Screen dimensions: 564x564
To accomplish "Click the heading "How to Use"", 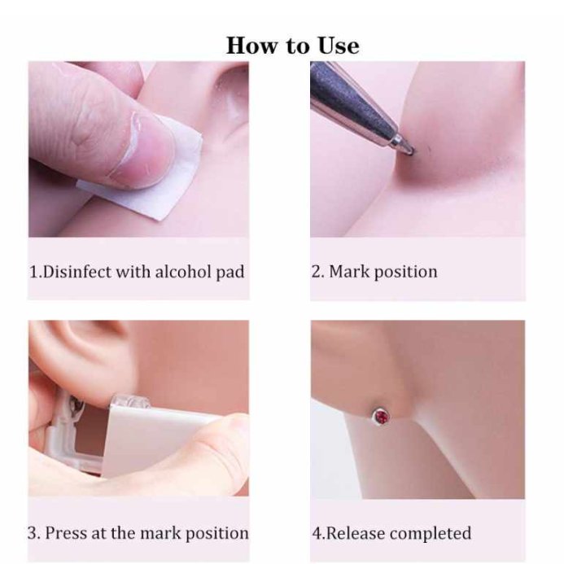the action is pyautogui.click(x=292, y=46).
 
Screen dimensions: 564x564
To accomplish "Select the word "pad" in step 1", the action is pyautogui.click(x=230, y=273).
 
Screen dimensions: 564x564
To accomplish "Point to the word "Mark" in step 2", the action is pyautogui.click(x=348, y=272).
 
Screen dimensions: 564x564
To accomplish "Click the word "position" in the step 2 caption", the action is pyautogui.click(x=406, y=273).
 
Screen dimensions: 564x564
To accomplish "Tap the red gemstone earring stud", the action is pyautogui.click(x=381, y=417).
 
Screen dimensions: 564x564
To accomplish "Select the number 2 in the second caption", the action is pyautogui.click(x=316, y=272).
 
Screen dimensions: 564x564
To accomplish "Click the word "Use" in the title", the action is pyautogui.click(x=339, y=46).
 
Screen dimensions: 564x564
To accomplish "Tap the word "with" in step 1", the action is pyautogui.click(x=133, y=272).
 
